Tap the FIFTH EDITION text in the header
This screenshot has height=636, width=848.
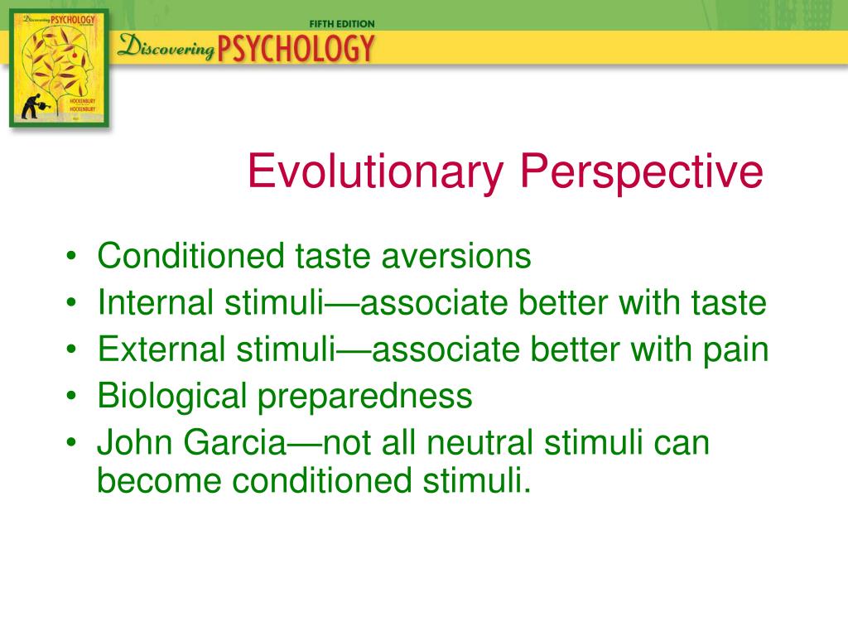tap(342, 24)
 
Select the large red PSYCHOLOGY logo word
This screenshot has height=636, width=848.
tap(296, 48)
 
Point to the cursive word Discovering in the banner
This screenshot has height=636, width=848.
tap(166, 46)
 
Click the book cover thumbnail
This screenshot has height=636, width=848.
tap(60, 68)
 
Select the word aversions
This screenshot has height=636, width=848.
tap(456, 257)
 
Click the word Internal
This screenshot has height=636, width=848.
tap(156, 302)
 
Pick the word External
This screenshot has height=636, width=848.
tap(161, 349)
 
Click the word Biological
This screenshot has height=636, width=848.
tap(172, 397)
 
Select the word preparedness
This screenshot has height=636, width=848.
tap(364, 397)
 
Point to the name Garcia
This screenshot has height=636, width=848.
tap(234, 442)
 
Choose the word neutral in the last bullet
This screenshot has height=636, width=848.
tap(479, 442)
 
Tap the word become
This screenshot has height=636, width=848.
tap(159, 480)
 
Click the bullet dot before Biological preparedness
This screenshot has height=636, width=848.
tap(71, 396)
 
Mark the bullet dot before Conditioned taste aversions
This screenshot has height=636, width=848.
tap(71, 256)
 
